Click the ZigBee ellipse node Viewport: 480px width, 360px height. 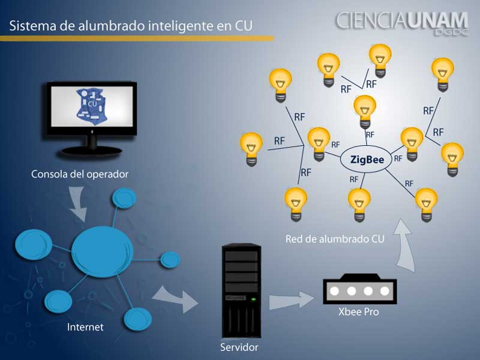click(x=367, y=160)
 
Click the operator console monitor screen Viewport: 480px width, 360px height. click(x=92, y=108)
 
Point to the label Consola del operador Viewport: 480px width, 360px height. click(x=80, y=175)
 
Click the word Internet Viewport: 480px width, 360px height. click(x=85, y=327)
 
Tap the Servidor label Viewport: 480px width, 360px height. click(x=239, y=347)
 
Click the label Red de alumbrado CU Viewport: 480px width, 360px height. click(x=335, y=238)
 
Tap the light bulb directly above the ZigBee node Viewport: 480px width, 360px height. click(x=364, y=110)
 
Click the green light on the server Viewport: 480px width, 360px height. click(x=253, y=298)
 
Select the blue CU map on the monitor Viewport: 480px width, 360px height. click(x=92, y=106)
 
